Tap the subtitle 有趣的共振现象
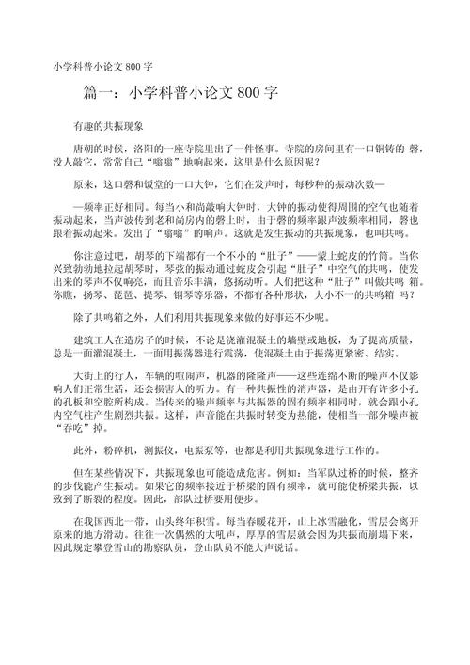click(107, 125)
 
